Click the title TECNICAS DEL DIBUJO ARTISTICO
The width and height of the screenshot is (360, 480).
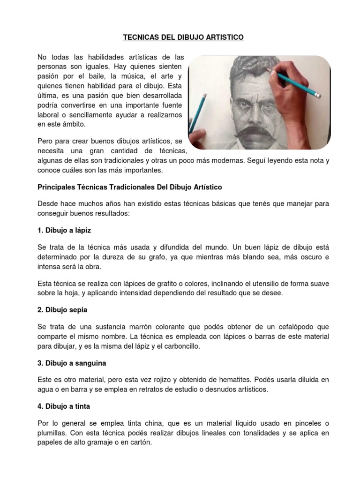pyautogui.click(x=183, y=37)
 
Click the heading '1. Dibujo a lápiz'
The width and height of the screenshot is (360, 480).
pyautogui.click(x=64, y=230)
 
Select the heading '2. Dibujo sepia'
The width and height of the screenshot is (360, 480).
pyautogui.click(x=62, y=310)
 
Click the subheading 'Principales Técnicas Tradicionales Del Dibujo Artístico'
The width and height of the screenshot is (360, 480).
pyautogui.click(x=129, y=187)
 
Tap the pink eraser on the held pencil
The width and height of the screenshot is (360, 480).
pyautogui.click(x=317, y=94)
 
